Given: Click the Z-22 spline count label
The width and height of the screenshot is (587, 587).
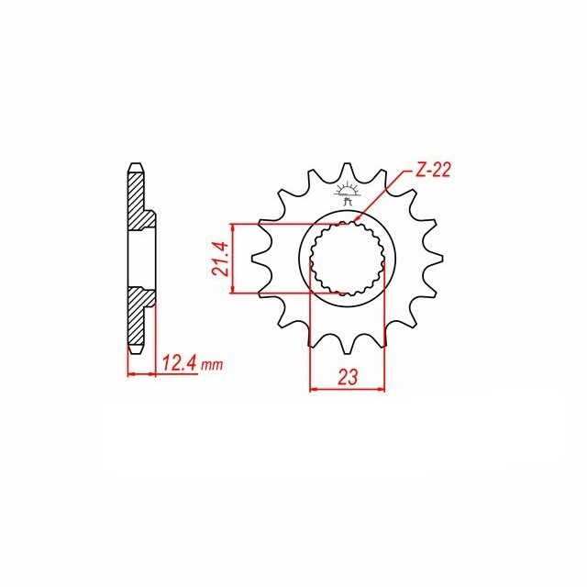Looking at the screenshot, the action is [433, 171].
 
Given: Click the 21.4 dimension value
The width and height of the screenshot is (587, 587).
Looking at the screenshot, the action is [220, 259].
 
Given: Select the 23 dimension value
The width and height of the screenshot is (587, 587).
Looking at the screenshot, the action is [348, 377].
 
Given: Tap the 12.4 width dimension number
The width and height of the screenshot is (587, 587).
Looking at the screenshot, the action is [179, 363].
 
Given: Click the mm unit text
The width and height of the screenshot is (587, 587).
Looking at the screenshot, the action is [212, 365].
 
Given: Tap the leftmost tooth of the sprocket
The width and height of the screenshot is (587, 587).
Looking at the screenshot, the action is [259, 258].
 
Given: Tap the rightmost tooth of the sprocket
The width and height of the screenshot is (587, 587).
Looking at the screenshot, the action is [437, 258].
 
